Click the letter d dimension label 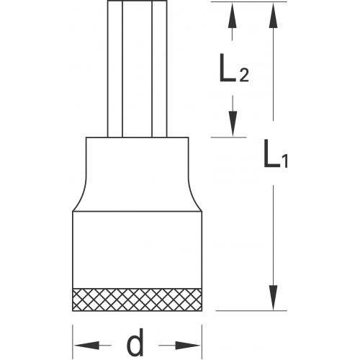(x=135, y=342)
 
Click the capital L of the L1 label (x=271, y=153)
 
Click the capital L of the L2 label (x=228, y=68)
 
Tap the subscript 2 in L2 (x=243, y=75)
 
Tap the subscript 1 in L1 (x=284, y=161)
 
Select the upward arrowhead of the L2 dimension (x=232, y=16)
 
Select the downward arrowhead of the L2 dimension (x=233, y=124)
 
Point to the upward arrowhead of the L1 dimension (x=273, y=16)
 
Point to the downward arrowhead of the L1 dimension (x=273, y=297)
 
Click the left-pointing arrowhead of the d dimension (x=86, y=346)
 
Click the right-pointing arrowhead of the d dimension (x=188, y=346)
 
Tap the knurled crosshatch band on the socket (x=137, y=300)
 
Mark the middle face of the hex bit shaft (x=138, y=69)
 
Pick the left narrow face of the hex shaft (x=115, y=69)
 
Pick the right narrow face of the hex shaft (x=159, y=69)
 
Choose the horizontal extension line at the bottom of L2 (x=229, y=138)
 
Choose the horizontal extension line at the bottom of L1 (x=251, y=311)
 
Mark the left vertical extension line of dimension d (x=73, y=342)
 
